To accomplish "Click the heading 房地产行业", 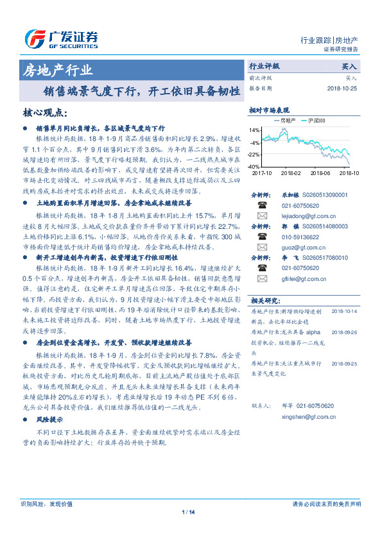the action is click(x=58, y=70).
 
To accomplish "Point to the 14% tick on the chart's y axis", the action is click(x=256, y=130).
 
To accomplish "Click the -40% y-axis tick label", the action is click(x=255, y=166).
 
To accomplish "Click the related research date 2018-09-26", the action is click(x=345, y=333).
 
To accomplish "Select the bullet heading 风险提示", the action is click(x=49, y=418).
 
